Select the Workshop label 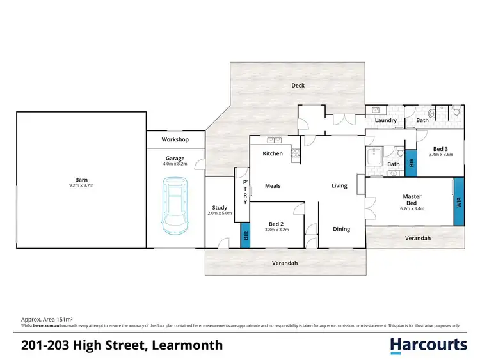pyautogui.click(x=175, y=139)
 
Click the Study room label pyautogui.click(x=220, y=207)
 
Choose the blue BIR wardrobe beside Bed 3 pyautogui.click(x=411, y=162)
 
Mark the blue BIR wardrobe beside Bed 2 pyautogui.click(x=244, y=236)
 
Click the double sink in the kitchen pyautogui.click(x=275, y=139)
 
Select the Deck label pyautogui.click(x=298, y=86)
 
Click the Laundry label pyautogui.click(x=386, y=120)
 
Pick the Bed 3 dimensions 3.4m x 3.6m pyautogui.click(x=440, y=154)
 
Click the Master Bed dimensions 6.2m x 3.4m pyautogui.click(x=412, y=208)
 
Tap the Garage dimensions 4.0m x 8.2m pyautogui.click(x=175, y=164)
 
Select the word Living pyautogui.click(x=339, y=186)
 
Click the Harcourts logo pyautogui.click(x=429, y=345)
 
